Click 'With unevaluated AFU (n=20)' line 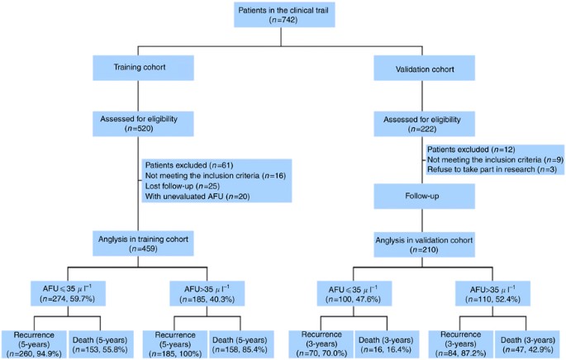click(202, 197)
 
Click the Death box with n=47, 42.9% click(529, 339)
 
